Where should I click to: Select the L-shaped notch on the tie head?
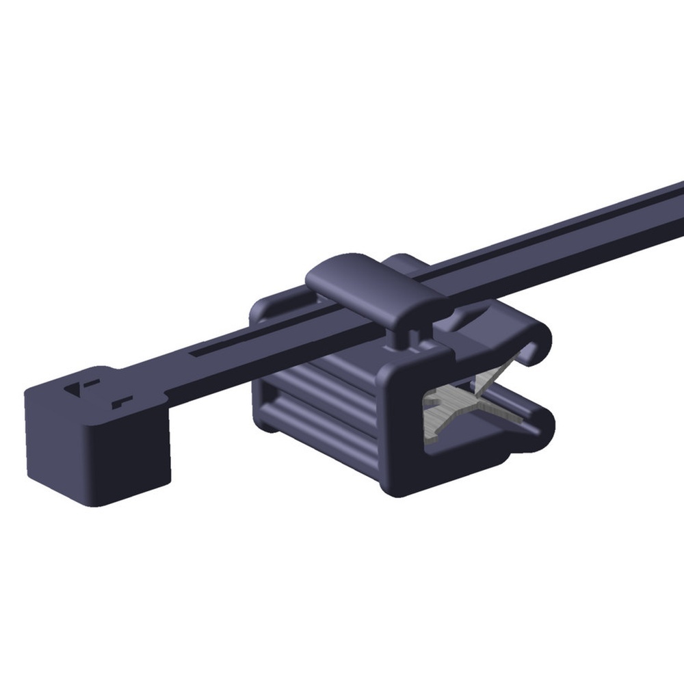click(122, 401)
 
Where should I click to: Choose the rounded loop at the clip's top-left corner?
click(263, 311)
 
